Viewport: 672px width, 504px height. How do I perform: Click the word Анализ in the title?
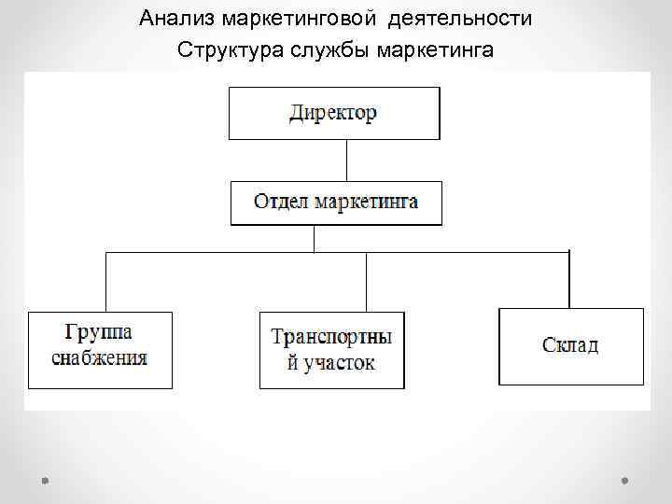[174, 18]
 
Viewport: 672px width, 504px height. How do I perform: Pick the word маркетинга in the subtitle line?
[435, 49]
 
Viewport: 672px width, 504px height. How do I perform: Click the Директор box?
[334, 113]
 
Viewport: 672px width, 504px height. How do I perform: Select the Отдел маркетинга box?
[336, 203]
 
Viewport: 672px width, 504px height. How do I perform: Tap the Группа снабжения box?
[100, 349]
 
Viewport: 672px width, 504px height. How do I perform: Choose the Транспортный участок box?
[331, 349]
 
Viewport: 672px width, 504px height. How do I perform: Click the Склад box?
[571, 345]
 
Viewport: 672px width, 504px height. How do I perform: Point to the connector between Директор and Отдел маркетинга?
[346, 160]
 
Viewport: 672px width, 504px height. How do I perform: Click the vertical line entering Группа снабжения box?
[106, 282]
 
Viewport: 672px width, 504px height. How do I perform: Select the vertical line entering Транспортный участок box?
[367, 282]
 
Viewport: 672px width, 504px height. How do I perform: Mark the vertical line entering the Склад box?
[568, 279]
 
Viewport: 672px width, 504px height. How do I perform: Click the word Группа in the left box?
[99, 332]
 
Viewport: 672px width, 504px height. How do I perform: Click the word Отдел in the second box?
[280, 202]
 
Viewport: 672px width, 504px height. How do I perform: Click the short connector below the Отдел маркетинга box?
[315, 238]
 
